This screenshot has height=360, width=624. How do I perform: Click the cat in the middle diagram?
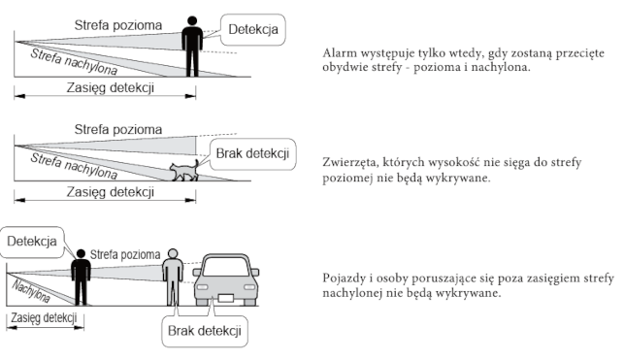click(183, 171)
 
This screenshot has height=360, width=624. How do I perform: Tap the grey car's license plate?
click(226, 298)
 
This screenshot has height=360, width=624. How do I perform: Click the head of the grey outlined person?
click(173, 253)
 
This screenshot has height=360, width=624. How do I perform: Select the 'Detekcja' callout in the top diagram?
click(252, 29)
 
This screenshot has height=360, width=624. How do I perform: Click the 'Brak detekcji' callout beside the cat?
click(252, 154)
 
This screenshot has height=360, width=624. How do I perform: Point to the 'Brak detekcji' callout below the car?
click(205, 331)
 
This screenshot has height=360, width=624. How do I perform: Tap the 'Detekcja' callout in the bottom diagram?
click(32, 242)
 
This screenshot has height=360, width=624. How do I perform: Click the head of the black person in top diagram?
click(192, 21)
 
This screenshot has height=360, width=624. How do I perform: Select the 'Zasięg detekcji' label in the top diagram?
click(111, 87)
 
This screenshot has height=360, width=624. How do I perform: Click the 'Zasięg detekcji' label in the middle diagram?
click(111, 192)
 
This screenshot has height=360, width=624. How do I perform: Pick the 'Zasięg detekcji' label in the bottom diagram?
click(44, 318)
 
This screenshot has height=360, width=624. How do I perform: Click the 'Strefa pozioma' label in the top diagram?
click(118, 25)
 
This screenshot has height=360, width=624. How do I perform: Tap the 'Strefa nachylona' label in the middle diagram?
click(74, 166)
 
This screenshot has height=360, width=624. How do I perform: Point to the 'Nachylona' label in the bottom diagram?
click(31, 291)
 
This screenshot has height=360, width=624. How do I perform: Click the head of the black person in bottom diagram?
click(81, 254)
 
